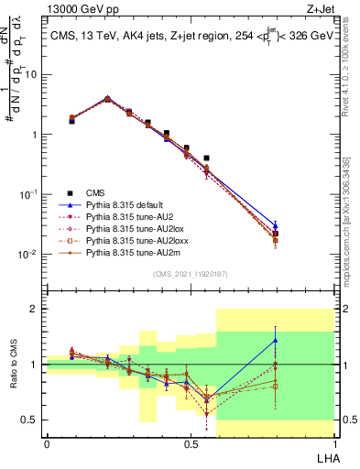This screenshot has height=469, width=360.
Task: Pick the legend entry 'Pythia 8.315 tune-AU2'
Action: click(127, 217)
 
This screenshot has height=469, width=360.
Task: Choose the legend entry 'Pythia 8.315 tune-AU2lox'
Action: click(131, 229)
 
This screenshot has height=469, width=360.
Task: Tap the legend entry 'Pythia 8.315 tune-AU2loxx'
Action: click(133, 241)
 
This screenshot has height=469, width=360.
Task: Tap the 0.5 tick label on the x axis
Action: click(191, 444)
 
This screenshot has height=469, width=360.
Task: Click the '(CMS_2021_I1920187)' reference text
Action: click(191, 275)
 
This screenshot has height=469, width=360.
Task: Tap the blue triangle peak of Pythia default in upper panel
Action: click(107, 97)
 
